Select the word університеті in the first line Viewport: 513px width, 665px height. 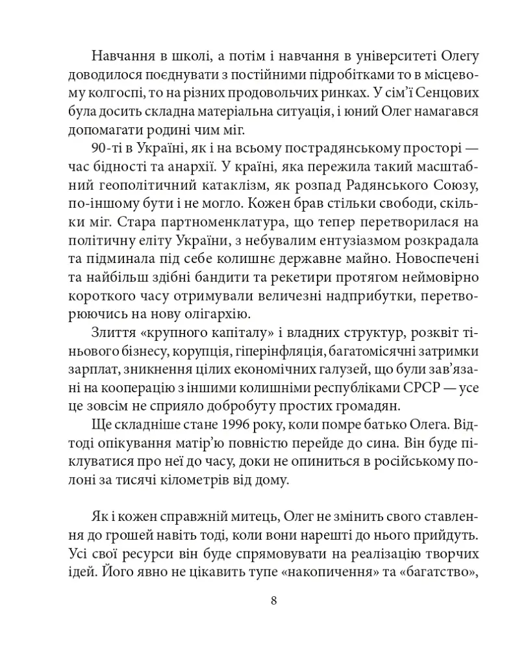[379, 54]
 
